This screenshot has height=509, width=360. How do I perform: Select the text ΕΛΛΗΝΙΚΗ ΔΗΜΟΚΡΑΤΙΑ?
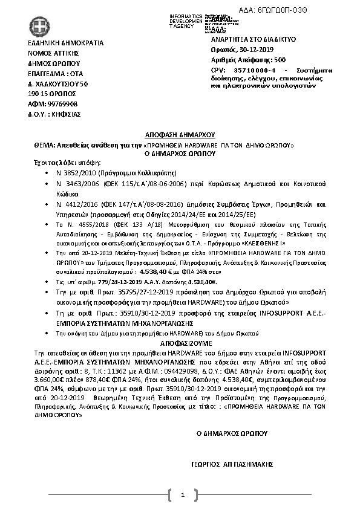[x=66, y=43]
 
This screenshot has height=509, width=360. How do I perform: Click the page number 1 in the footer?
[x=182, y=496]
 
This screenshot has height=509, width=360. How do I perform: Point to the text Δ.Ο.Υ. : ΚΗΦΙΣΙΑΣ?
[x=54, y=114]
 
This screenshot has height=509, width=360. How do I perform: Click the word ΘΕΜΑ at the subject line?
[x=44, y=146]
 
